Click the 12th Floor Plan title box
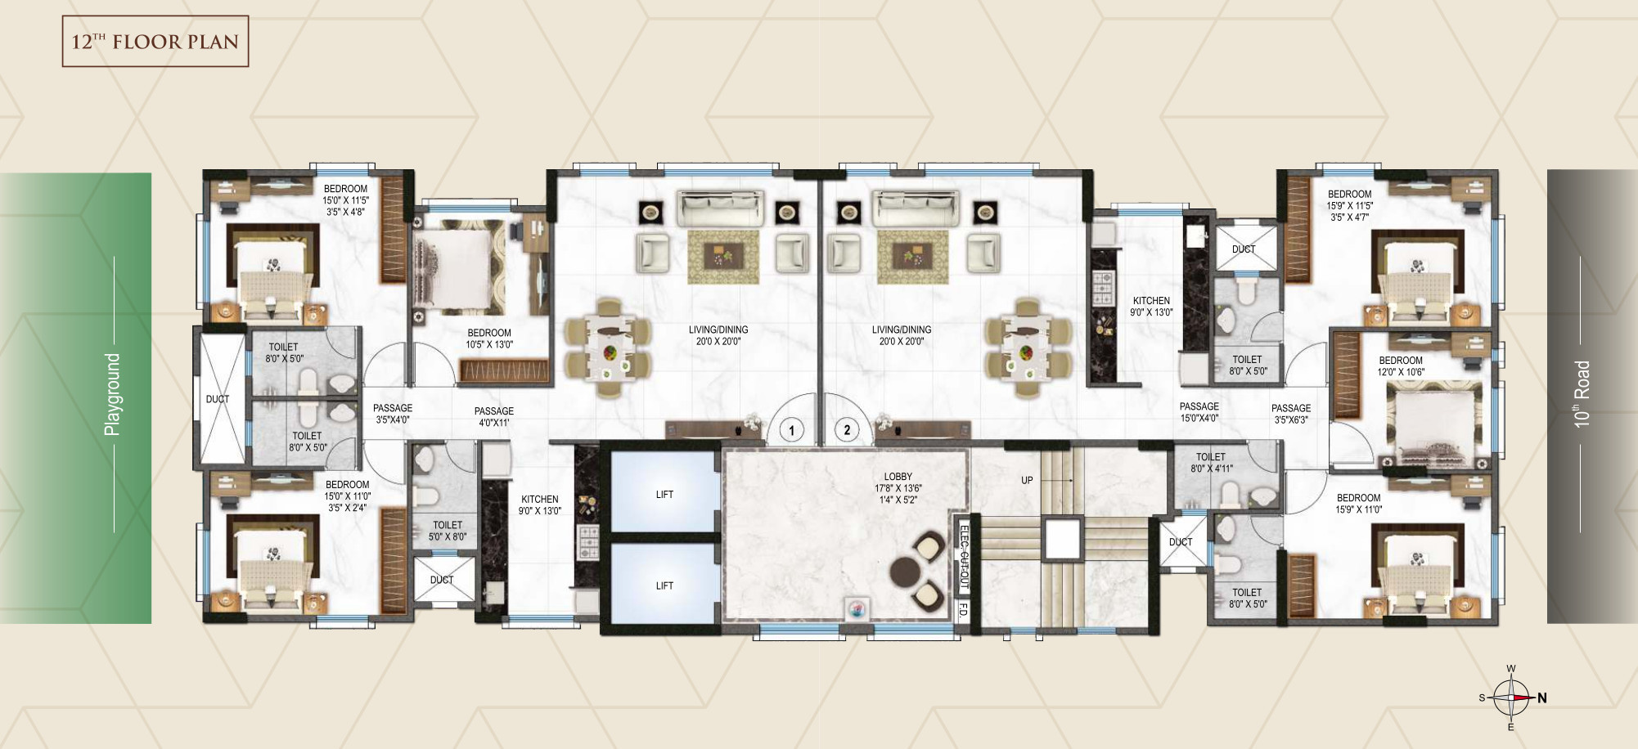coord(155,41)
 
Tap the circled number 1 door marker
coord(791,429)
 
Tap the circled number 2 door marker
coord(847,429)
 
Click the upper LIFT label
coord(664,495)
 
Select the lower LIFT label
coord(664,586)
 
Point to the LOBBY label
coord(898,477)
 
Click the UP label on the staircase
coord(1027,481)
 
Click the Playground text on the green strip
coord(112,394)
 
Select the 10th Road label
coord(1582,394)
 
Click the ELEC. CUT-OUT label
coord(963,557)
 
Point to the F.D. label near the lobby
coord(963,610)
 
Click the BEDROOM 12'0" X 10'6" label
coord(1401,366)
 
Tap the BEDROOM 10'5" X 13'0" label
coord(489,339)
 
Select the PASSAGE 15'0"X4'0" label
coord(1199,412)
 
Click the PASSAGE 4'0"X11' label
coord(494,417)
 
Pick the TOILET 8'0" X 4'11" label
coord(1212,463)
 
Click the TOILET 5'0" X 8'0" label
coord(448,531)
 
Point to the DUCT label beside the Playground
coord(218,399)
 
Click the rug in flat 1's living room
coord(723,257)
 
